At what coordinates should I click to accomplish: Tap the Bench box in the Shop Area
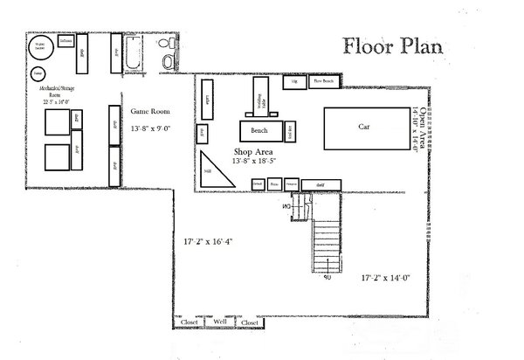click(x=260, y=130)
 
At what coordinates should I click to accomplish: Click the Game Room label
click(x=149, y=112)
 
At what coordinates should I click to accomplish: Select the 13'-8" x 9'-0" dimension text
click(x=150, y=128)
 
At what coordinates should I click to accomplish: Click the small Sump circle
click(x=38, y=73)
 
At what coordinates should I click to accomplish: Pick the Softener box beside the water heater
click(x=66, y=41)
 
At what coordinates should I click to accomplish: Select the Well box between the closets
click(x=220, y=322)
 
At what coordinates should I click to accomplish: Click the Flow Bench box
click(x=322, y=82)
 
